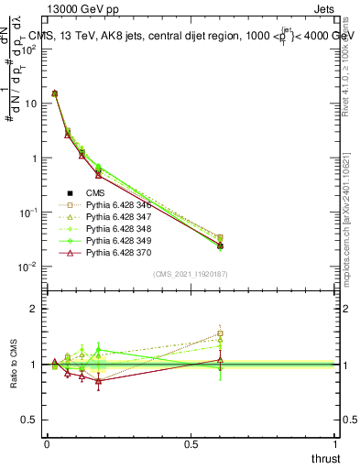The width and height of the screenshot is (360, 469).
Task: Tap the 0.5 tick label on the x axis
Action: click(191, 443)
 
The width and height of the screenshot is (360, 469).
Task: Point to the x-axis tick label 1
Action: click(335, 443)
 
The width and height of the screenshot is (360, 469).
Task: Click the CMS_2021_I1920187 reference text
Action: click(191, 274)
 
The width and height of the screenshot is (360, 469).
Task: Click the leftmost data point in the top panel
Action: click(55, 93)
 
